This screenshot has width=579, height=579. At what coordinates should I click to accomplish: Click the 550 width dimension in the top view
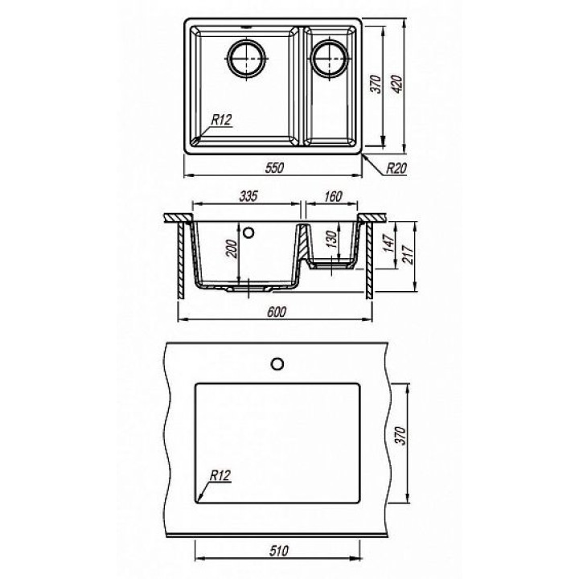275,167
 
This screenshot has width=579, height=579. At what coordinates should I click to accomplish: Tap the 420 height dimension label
396,84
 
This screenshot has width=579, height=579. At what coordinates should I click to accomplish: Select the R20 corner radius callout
396,168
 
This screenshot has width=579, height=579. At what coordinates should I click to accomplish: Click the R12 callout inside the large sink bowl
221,120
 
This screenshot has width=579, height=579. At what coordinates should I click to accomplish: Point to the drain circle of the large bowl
246,59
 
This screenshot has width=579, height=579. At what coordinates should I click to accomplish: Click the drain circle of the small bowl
330,59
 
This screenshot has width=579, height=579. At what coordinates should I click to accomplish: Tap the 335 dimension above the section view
248,196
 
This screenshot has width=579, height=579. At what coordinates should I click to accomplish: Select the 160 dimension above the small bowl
333,196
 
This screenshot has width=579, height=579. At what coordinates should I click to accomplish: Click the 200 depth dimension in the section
231,248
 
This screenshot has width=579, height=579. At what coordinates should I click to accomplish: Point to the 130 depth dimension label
331,240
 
